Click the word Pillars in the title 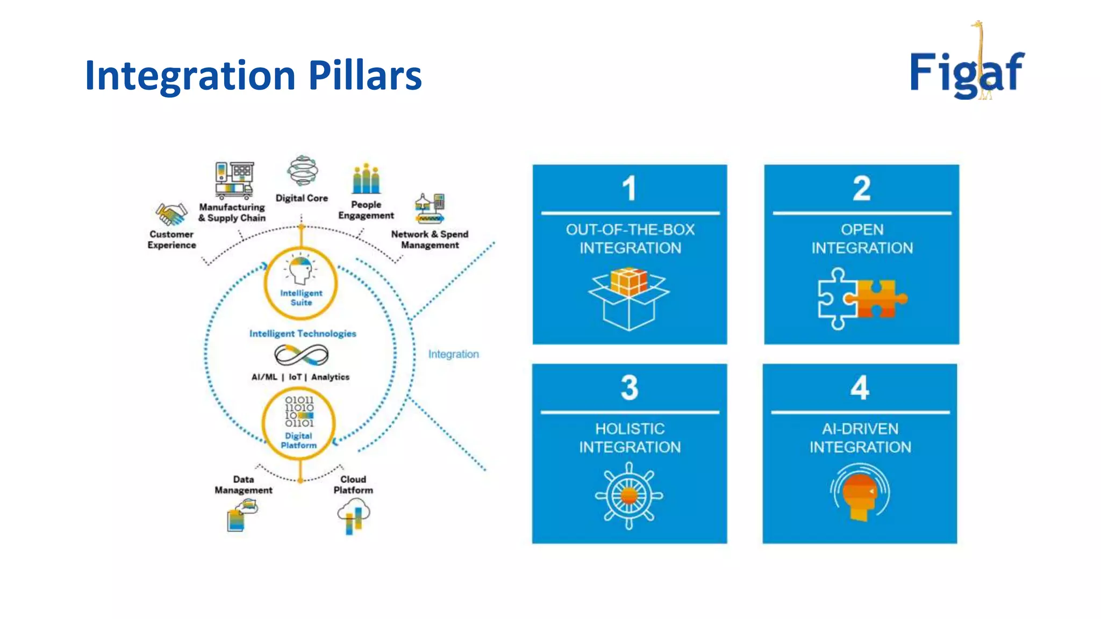[365, 75]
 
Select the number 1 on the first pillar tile [629, 189]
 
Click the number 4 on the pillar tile [860, 387]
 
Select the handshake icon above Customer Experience [171, 214]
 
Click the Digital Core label [302, 198]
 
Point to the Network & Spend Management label [430, 240]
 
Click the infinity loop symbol [301, 355]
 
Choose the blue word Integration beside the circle [453, 354]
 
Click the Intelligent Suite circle [301, 284]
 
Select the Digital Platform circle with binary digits [299, 423]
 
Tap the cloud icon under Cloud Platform [353, 515]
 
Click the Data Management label [244, 485]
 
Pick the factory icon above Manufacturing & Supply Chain [234, 179]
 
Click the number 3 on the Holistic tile [630, 387]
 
